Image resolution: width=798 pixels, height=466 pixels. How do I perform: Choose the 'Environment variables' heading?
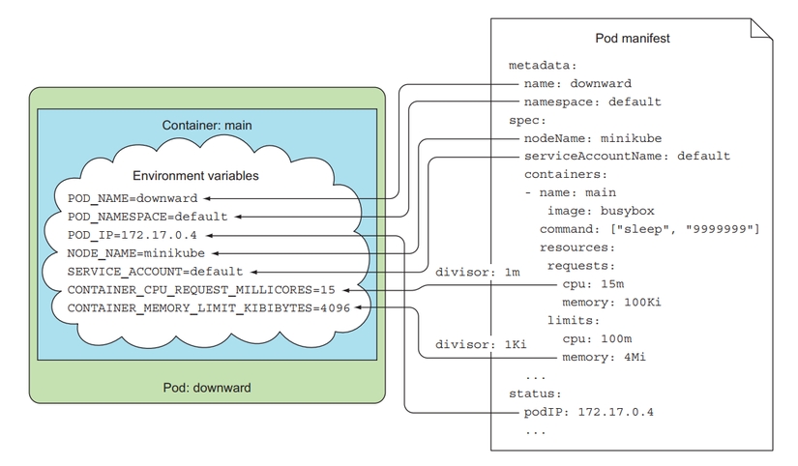tap(194, 177)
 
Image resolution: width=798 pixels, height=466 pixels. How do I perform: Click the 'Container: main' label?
tap(207, 126)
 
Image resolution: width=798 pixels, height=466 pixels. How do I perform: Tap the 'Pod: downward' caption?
tap(207, 388)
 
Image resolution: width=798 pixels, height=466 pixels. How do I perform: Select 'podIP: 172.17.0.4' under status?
tap(589, 413)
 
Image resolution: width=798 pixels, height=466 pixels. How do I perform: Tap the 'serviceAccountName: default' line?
tap(627, 156)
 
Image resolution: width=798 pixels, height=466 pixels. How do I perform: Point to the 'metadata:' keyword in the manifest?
tap(542, 66)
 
